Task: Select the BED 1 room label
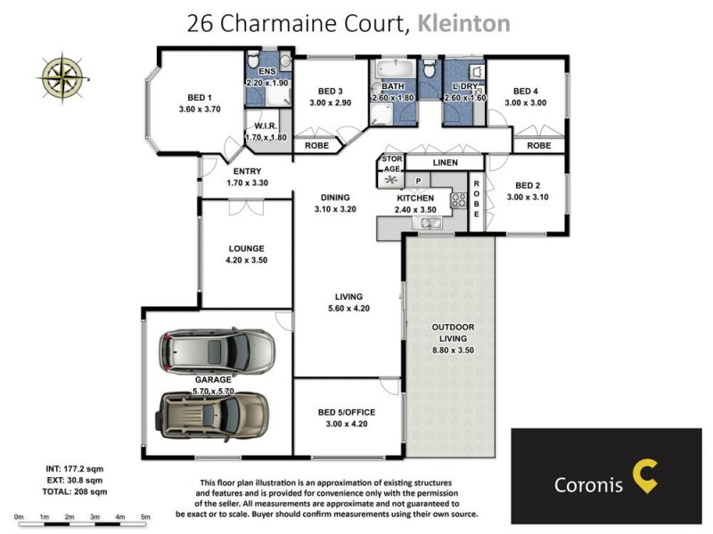click(199, 98)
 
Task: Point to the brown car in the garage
click(204, 415)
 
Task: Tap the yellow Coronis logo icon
click(644, 476)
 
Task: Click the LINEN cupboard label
click(445, 163)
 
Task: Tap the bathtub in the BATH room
click(392, 70)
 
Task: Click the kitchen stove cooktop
click(460, 201)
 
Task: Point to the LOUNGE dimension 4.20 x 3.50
click(246, 261)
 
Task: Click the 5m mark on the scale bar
click(144, 516)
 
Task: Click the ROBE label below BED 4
click(538, 145)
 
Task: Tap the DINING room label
click(332, 198)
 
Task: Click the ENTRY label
click(247, 172)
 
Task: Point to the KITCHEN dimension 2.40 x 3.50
click(415, 210)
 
